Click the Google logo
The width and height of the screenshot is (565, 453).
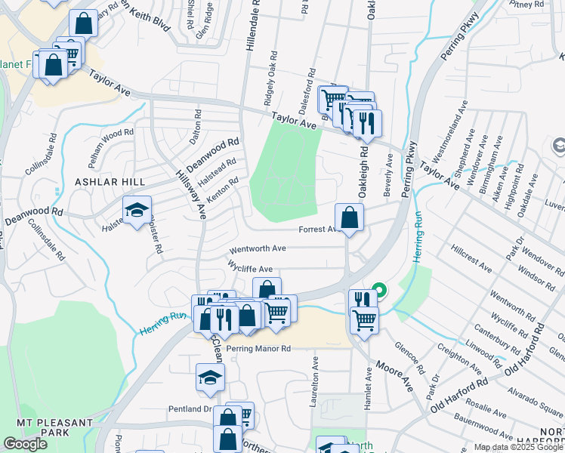pyautogui.click(x=25, y=444)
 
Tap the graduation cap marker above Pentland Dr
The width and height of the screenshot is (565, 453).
pyautogui.click(x=211, y=379)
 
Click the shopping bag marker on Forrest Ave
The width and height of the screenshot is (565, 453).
pyautogui.click(x=349, y=218)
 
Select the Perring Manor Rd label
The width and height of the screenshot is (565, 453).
pyautogui.click(x=258, y=349)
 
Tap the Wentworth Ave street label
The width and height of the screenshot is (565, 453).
pyautogui.click(x=258, y=248)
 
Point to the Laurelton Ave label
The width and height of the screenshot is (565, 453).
pyautogui.click(x=311, y=386)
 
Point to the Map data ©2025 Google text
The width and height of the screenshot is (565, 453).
pyautogui.click(x=517, y=447)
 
